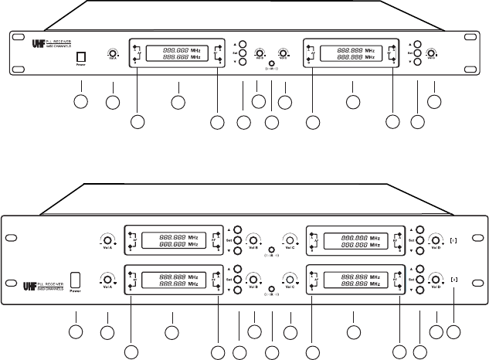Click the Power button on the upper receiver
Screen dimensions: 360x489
click(x=81, y=56)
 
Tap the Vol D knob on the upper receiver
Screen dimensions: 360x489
click(x=431, y=53)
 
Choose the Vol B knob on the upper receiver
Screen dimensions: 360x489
click(x=260, y=53)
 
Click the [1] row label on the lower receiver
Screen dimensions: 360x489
click(x=453, y=240)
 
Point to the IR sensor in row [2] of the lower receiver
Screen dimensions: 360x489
click(x=272, y=289)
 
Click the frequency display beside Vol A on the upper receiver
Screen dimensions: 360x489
click(x=177, y=53)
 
